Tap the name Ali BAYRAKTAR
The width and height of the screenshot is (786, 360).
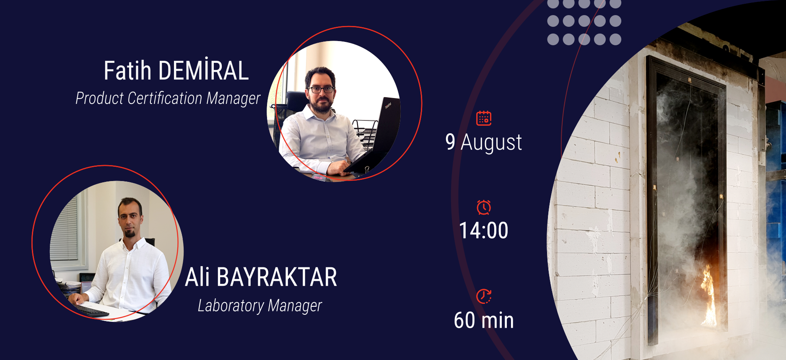coord(261,277)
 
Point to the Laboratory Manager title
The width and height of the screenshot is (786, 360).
coord(260,306)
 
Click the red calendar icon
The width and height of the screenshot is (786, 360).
coord(484,118)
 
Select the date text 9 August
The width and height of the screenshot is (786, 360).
coord(484,142)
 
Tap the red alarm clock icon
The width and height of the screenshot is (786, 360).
coord(484,207)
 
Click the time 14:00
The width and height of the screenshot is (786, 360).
coord(484,231)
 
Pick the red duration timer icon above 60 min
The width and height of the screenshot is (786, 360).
coord(484,296)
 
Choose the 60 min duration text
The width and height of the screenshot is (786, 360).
coord(484,321)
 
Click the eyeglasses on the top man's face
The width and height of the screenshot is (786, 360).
coord(321,89)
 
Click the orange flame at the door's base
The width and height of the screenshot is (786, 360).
coord(709,297)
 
